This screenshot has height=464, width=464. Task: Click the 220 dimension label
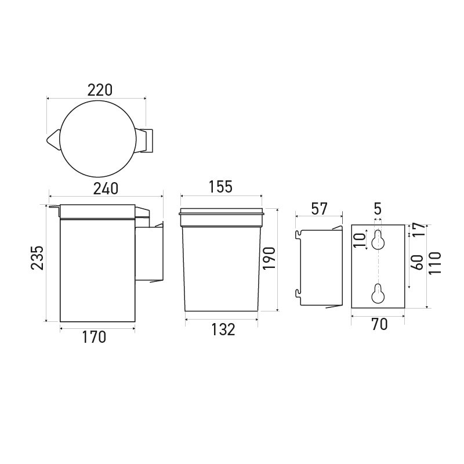[x=99, y=90]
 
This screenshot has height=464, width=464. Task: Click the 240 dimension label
[x=106, y=188]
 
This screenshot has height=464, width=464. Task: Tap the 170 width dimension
[x=95, y=336]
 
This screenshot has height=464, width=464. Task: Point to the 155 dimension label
[x=220, y=187]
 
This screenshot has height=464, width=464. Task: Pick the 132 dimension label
[x=223, y=329]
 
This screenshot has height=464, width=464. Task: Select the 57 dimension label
[x=319, y=209]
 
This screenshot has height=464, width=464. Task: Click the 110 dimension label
[x=436, y=263]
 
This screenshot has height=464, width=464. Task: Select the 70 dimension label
[x=379, y=325]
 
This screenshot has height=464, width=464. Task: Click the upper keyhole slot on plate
[x=378, y=240]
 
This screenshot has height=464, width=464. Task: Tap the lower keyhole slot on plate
[x=378, y=294]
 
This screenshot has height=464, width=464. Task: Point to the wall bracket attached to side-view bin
[x=150, y=252]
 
